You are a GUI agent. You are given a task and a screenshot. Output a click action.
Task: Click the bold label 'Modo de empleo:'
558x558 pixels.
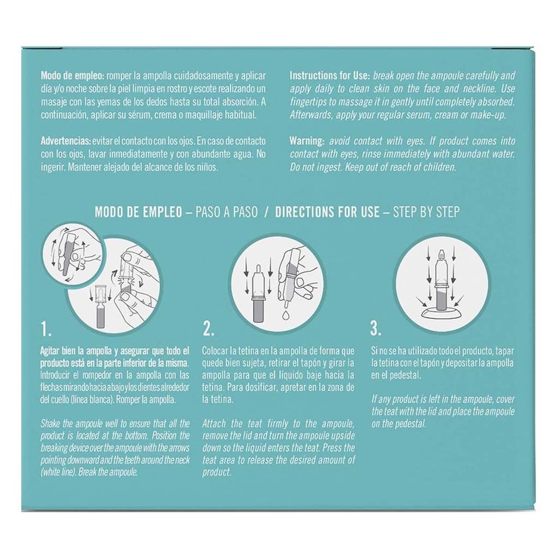click(x=70, y=76)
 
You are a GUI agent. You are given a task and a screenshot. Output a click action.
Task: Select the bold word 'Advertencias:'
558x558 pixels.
click(x=66, y=141)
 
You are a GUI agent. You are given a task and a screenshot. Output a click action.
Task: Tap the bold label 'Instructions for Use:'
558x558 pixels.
click(x=329, y=76)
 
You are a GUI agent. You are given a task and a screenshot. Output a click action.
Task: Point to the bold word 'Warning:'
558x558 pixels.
click(x=308, y=141)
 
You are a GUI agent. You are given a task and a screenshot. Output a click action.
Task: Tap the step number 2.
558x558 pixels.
click(x=208, y=327)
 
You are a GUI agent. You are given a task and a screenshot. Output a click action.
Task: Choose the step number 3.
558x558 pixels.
click(x=376, y=327)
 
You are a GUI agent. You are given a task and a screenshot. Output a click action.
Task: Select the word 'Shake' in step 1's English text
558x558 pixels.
click(x=52, y=423)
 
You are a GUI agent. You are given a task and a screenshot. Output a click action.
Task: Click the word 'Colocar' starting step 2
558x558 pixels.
click(x=219, y=349)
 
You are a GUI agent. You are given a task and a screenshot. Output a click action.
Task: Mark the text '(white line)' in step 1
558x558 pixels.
click(x=61, y=472)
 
